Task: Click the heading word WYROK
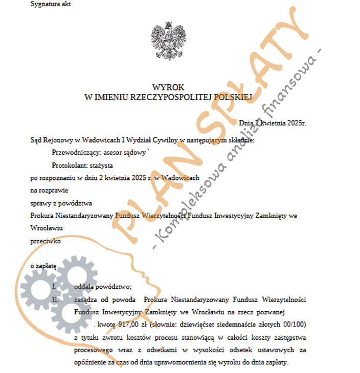point(168,87)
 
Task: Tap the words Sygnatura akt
point(51,5)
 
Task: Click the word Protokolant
point(69,166)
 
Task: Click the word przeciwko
point(46,241)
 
